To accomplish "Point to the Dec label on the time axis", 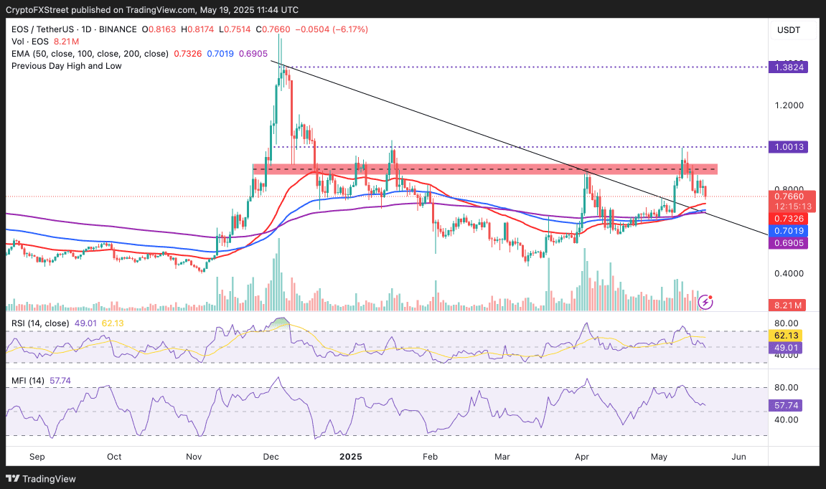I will coord(271,456).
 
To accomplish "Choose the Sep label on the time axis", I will coord(37,456).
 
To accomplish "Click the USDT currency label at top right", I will coord(788,30).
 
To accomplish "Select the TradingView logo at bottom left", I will coord(41,478).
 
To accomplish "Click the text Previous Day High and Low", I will coord(66,66).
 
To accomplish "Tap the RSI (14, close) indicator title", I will coord(39,323).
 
